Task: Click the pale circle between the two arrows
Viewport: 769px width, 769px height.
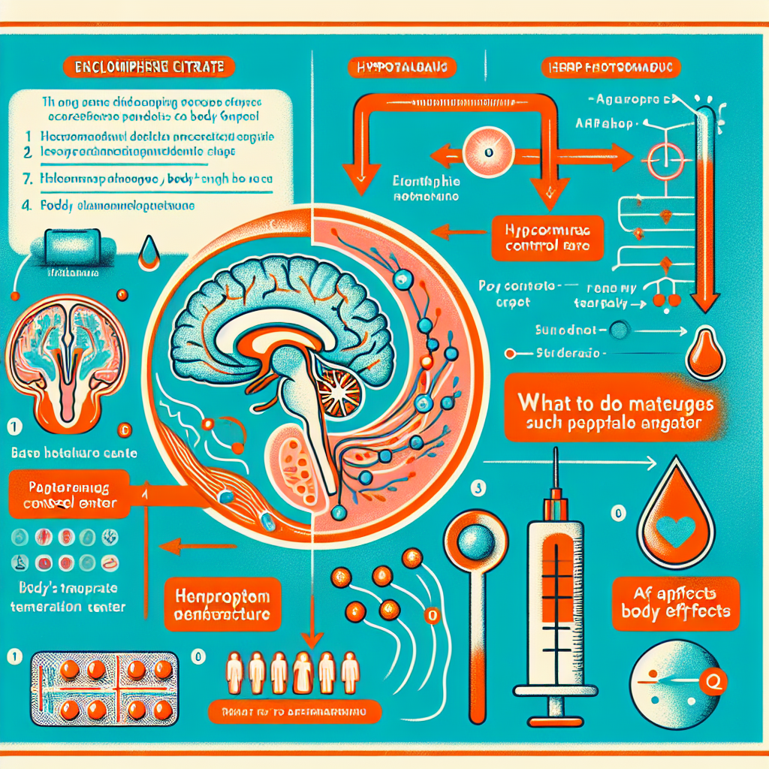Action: [487, 152]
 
